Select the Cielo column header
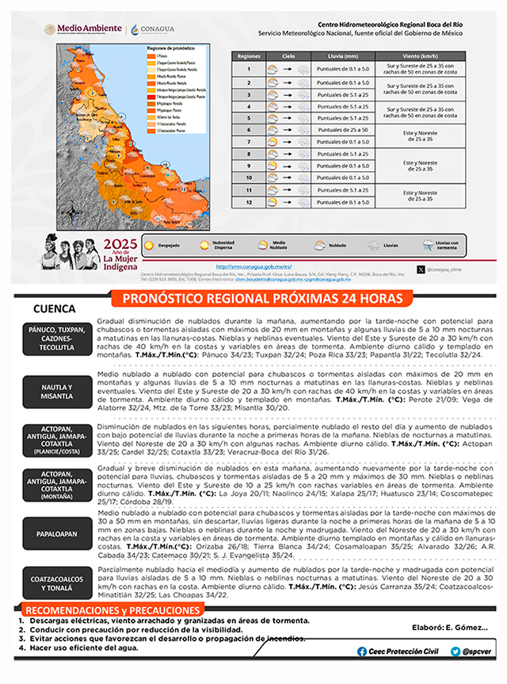(x=288, y=58)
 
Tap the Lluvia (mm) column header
(x=342, y=58)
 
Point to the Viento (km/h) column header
(x=420, y=58)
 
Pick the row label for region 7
(x=249, y=142)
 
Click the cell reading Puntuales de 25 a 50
(x=342, y=129)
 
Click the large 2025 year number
(x=120, y=243)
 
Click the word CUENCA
(x=54, y=308)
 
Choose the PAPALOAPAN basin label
(x=57, y=533)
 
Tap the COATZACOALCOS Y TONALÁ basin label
(x=57, y=583)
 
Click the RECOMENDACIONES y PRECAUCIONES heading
(x=111, y=609)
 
